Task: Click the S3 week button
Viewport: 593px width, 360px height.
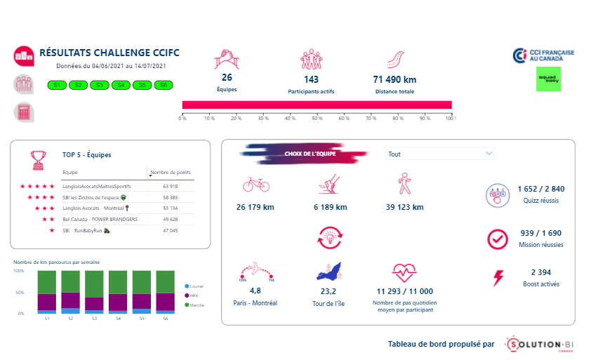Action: click(100, 85)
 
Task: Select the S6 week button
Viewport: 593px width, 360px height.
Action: click(164, 85)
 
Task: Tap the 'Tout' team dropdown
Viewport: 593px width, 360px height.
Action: click(440, 154)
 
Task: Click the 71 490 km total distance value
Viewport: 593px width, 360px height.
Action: click(394, 79)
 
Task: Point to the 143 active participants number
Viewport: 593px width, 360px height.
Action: click(312, 79)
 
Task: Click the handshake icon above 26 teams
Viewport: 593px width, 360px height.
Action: click(227, 58)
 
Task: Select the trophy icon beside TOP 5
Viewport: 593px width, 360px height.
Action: click(39, 159)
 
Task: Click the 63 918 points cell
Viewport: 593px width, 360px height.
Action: click(170, 187)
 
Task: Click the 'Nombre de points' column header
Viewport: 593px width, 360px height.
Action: click(171, 172)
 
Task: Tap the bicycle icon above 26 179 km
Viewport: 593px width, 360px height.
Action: click(256, 184)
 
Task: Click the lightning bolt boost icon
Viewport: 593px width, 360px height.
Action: click(498, 278)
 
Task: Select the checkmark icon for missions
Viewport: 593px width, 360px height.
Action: click(498, 239)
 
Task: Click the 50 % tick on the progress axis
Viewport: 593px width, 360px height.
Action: click(317, 118)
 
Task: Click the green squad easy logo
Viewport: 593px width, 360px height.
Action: click(549, 80)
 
